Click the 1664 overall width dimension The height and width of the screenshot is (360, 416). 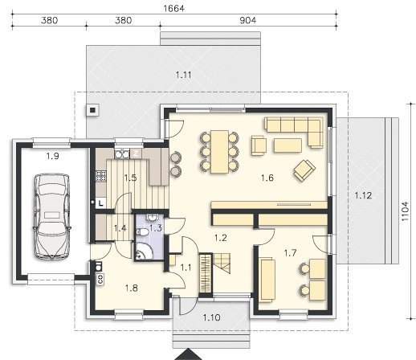click(174, 9)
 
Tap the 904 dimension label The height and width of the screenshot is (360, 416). click(247, 20)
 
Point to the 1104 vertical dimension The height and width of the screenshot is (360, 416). click(406, 211)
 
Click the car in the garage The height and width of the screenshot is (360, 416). click(51, 216)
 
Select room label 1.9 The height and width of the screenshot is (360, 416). click(52, 156)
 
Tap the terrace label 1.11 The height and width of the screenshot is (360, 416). click(184, 75)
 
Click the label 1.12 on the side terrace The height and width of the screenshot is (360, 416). click(363, 195)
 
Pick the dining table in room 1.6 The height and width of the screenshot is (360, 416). click(219, 152)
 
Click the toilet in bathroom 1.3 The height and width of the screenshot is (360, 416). click(142, 232)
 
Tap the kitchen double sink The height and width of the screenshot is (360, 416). click(122, 153)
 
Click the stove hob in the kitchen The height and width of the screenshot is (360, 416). click(101, 177)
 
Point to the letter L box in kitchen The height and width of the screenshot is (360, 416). click(100, 203)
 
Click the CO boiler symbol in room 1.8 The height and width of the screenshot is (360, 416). click(100, 280)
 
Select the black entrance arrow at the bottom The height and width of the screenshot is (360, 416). click(189, 354)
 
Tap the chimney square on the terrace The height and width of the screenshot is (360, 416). click(92, 110)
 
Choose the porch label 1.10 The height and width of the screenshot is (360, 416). click(211, 318)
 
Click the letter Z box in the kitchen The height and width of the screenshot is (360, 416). click(136, 153)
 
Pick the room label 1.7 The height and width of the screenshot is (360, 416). click(290, 252)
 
